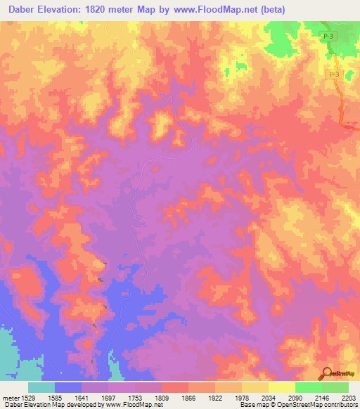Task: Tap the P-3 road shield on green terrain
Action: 328,34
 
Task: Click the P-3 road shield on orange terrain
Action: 333,74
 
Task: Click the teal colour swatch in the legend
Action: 41,387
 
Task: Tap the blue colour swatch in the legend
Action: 68,387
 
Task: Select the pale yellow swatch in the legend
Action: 282,387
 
